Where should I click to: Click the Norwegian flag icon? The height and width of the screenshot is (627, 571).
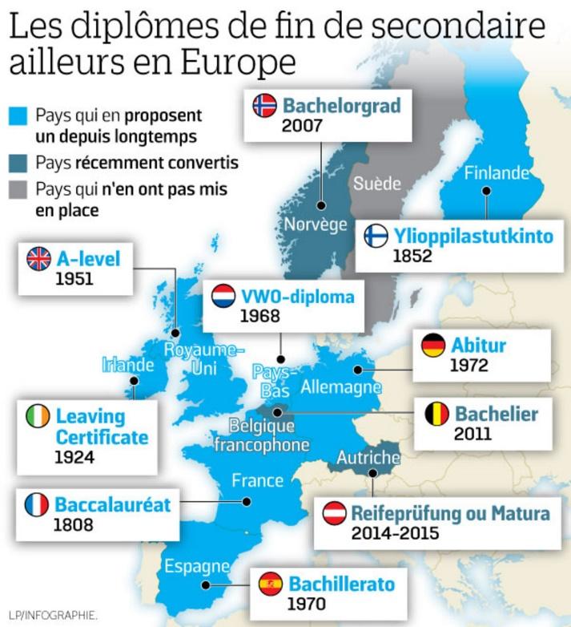click(264, 105)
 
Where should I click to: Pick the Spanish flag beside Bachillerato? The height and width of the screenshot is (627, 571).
click(271, 584)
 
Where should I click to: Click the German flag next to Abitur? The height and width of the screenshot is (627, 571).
click(434, 346)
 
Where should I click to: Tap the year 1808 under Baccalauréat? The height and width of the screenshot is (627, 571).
click(74, 526)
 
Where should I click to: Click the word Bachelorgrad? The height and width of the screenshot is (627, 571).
click(340, 105)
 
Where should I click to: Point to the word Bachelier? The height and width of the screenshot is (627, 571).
click(497, 415)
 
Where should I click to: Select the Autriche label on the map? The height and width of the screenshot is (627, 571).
click(368, 458)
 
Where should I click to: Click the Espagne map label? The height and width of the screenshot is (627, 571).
click(197, 567)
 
